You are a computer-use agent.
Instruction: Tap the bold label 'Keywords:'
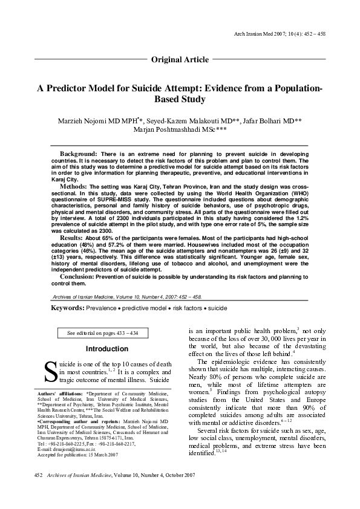[68, 308]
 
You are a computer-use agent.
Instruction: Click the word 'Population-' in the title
[293, 88]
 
